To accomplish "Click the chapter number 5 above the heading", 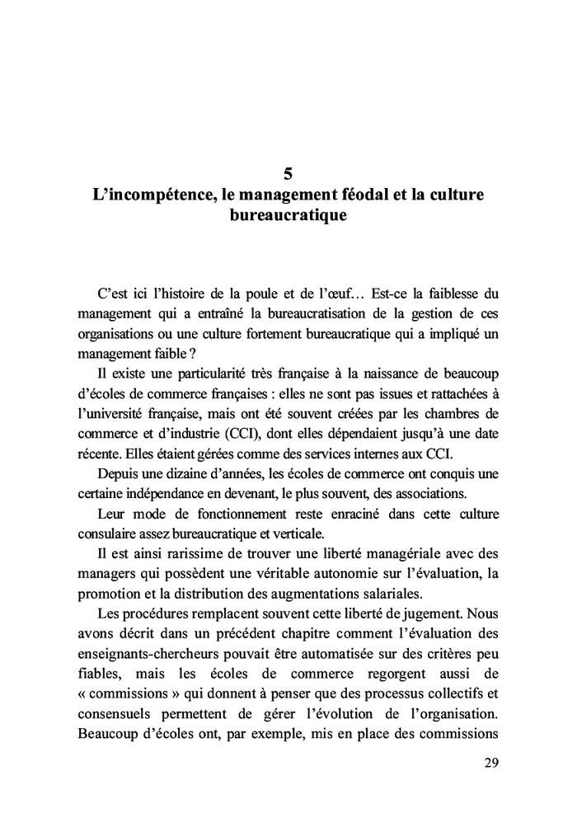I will click(288, 174).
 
